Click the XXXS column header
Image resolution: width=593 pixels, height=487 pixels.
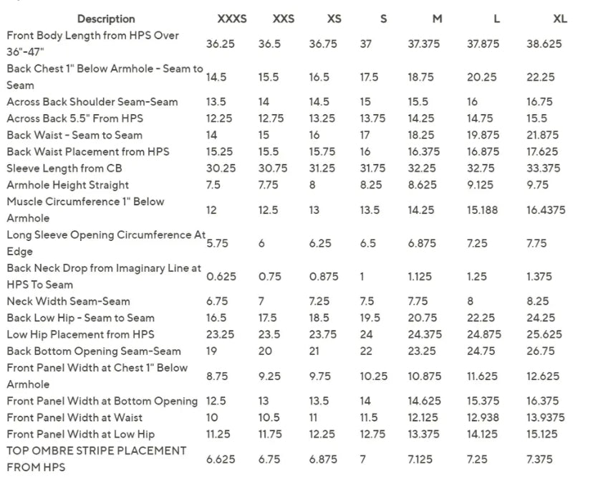coord(232,19)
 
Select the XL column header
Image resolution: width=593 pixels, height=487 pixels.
coord(560,19)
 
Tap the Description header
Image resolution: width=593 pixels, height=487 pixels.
coord(106,19)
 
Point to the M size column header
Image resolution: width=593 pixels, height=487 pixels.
coord(437,19)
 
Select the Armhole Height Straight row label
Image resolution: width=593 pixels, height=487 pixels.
coord(68,185)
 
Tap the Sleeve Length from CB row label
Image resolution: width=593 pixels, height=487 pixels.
coord(67,169)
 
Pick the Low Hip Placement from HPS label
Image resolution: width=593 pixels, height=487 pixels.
coord(80,334)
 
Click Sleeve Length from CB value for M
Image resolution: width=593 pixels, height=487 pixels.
coord(422,169)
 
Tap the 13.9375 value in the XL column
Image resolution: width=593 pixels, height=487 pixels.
coord(545,417)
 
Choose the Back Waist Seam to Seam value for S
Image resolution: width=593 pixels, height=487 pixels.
coord(365,135)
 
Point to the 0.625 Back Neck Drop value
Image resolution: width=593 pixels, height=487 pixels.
coord(221,276)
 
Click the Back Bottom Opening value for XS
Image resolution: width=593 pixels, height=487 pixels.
coord(317,351)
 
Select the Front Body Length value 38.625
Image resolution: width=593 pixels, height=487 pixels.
coord(544,44)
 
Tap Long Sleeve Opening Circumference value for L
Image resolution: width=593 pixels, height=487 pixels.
coord(477,243)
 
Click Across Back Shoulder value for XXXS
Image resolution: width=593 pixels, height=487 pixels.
coord(216,102)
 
